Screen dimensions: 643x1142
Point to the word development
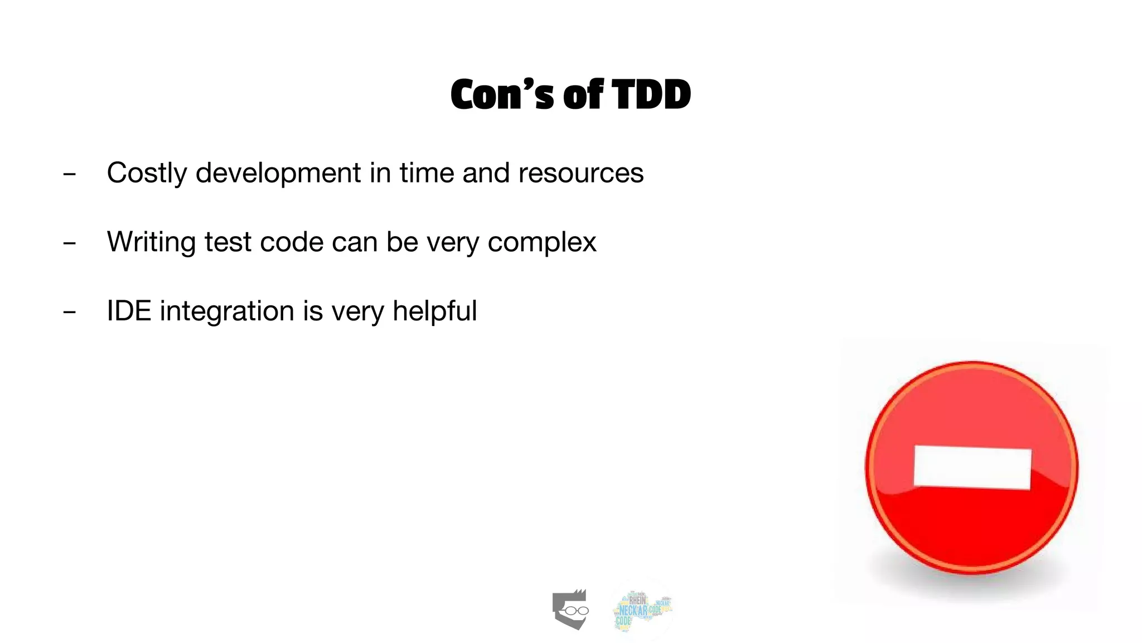pyautogui.click(x=278, y=173)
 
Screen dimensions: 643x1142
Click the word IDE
pyautogui.click(x=129, y=311)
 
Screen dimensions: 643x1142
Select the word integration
pyautogui.click(x=226, y=311)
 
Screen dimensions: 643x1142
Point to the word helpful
pyautogui.click(x=434, y=311)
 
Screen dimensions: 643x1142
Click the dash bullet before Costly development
pyautogui.click(x=70, y=174)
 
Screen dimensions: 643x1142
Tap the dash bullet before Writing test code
pyautogui.click(x=70, y=243)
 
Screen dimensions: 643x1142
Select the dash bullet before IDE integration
pyautogui.click(x=70, y=312)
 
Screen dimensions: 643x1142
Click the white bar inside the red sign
pyautogui.click(x=972, y=468)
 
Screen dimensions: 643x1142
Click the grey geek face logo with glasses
pyautogui.click(x=570, y=610)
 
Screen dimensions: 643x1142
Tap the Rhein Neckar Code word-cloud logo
pyautogui.click(x=642, y=610)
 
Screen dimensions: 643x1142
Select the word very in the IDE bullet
pyautogui.click(x=357, y=311)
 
